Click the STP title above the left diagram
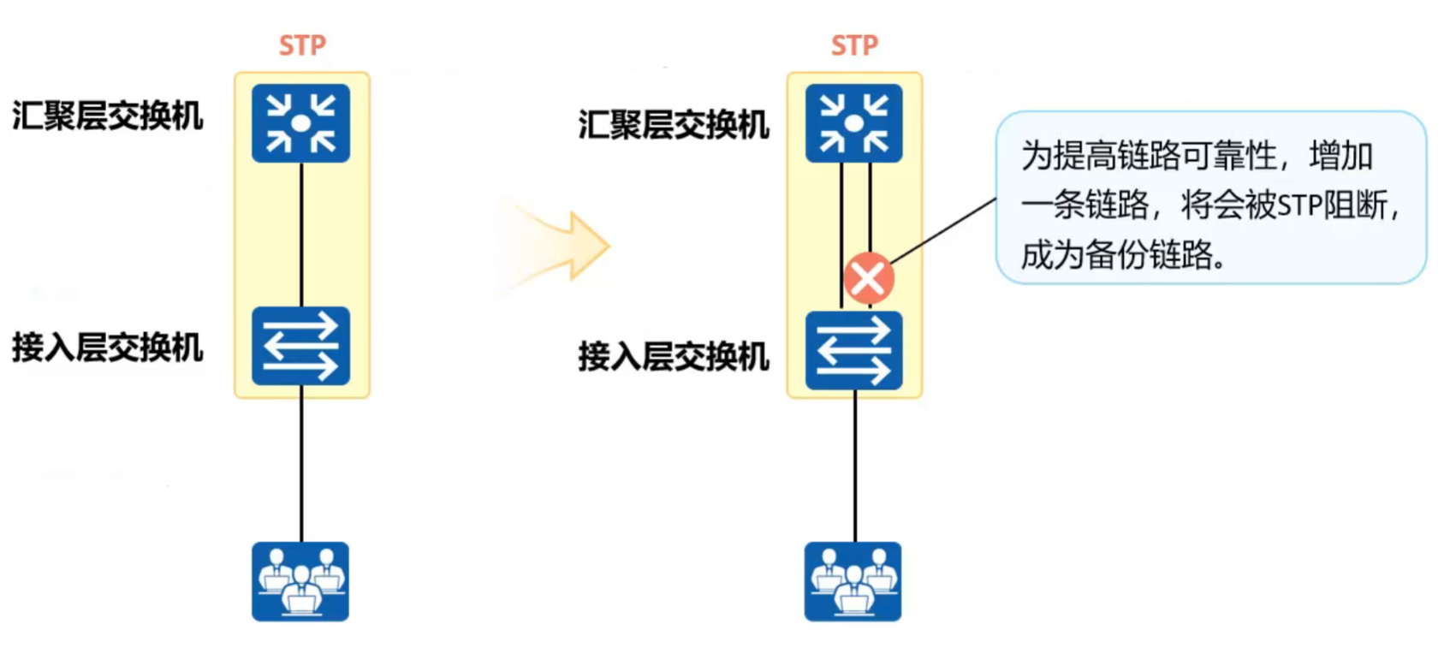coord(302,45)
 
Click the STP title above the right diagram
coord(854,45)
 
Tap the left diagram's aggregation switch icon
coord(300,123)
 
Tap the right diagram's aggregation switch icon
coord(853,123)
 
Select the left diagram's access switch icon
coord(300,346)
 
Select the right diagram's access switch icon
coord(853,351)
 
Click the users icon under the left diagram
coord(300,581)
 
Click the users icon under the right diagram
coord(853,581)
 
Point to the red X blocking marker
coord(869,278)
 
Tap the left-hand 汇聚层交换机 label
coord(108,116)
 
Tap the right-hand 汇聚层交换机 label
coord(674,125)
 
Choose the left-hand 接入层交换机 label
coord(108,348)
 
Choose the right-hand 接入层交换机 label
coord(674,356)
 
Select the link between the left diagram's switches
coord(301,235)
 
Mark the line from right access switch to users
coord(854,466)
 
